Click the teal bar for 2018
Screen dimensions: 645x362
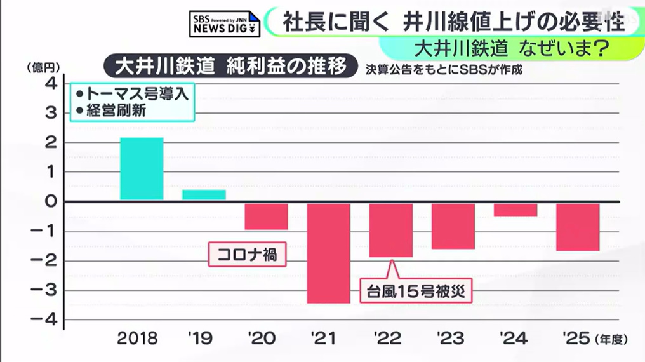[142, 169]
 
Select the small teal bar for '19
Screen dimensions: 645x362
[204, 194]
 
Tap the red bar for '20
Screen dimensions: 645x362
[267, 217]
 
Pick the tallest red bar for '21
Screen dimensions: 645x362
[329, 253]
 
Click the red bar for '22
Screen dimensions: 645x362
[391, 231]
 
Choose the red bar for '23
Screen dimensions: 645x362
[453, 226]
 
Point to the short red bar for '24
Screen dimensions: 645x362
[515, 210]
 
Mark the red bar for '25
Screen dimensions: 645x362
[578, 227]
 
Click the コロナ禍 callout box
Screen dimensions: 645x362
[247, 254]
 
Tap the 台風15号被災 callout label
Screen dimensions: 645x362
[416, 292]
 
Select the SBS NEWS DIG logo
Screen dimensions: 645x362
[225, 24]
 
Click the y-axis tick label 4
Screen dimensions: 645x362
[51, 84]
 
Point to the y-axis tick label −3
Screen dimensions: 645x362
[44, 290]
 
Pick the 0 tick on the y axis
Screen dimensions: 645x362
[51, 201]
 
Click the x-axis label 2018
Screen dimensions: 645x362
[137, 338]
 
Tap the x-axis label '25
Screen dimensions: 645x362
[577, 338]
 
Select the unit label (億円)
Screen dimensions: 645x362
[43, 67]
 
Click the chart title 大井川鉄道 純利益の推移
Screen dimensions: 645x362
[231, 66]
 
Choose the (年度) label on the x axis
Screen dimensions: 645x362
[611, 339]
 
